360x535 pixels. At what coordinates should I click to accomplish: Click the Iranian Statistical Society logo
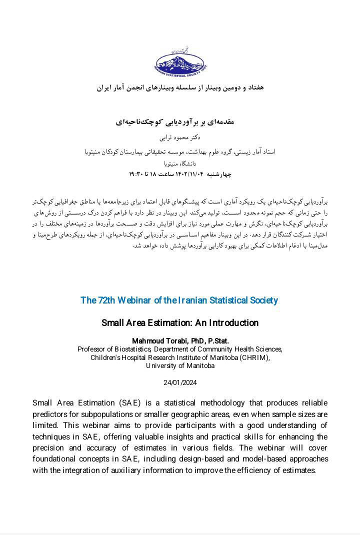pos(180,62)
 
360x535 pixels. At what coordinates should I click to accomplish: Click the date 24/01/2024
pos(180,383)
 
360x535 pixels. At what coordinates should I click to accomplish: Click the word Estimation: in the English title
pos(170,323)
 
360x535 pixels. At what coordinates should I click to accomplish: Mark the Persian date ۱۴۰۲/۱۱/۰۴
pos(191,174)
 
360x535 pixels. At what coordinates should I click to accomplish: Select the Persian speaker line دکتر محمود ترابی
pos(180,137)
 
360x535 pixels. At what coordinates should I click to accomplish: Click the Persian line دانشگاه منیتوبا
pos(180,163)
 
